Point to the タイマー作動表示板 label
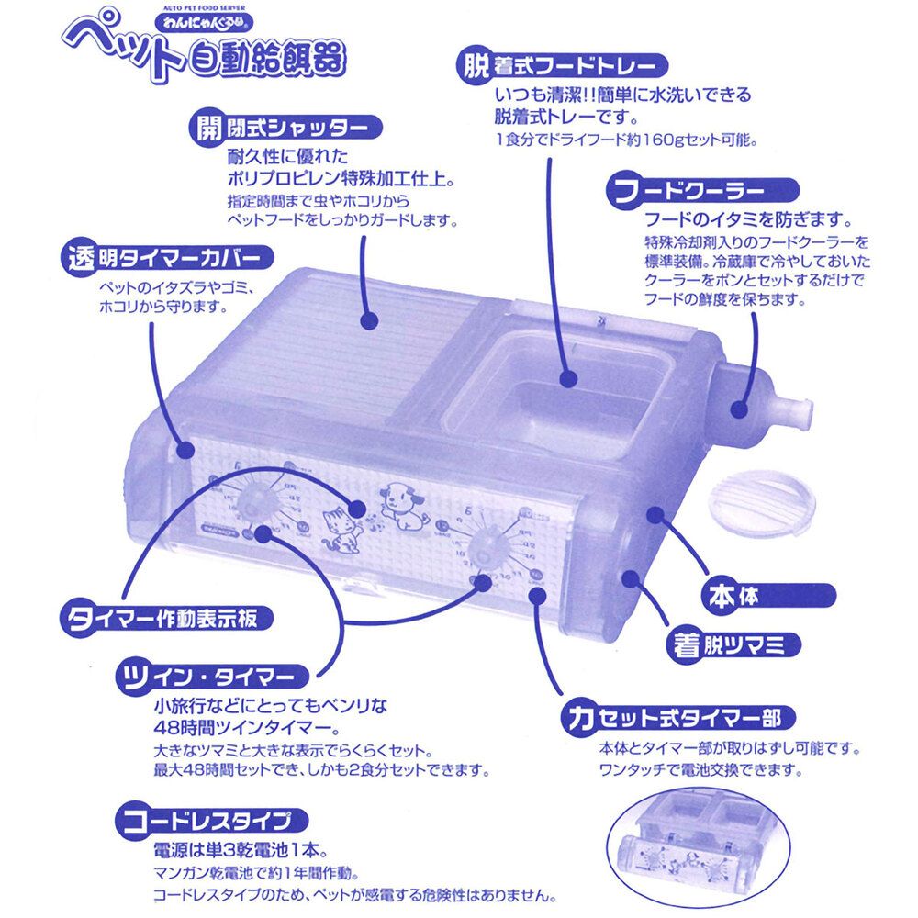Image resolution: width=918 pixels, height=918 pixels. [x=165, y=616]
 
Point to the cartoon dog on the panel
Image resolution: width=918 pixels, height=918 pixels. [x=400, y=504]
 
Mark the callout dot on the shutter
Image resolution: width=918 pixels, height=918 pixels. [x=369, y=321]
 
